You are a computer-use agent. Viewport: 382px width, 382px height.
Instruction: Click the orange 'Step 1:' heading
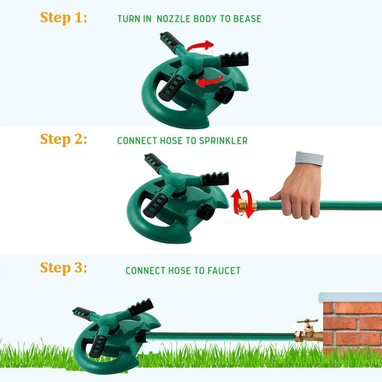tap(63, 18)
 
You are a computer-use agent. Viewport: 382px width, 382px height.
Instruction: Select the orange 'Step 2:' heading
tap(63, 139)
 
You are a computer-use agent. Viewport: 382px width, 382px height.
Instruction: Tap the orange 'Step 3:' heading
tap(63, 268)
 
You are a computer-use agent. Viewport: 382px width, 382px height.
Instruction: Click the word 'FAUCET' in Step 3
tap(224, 271)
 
